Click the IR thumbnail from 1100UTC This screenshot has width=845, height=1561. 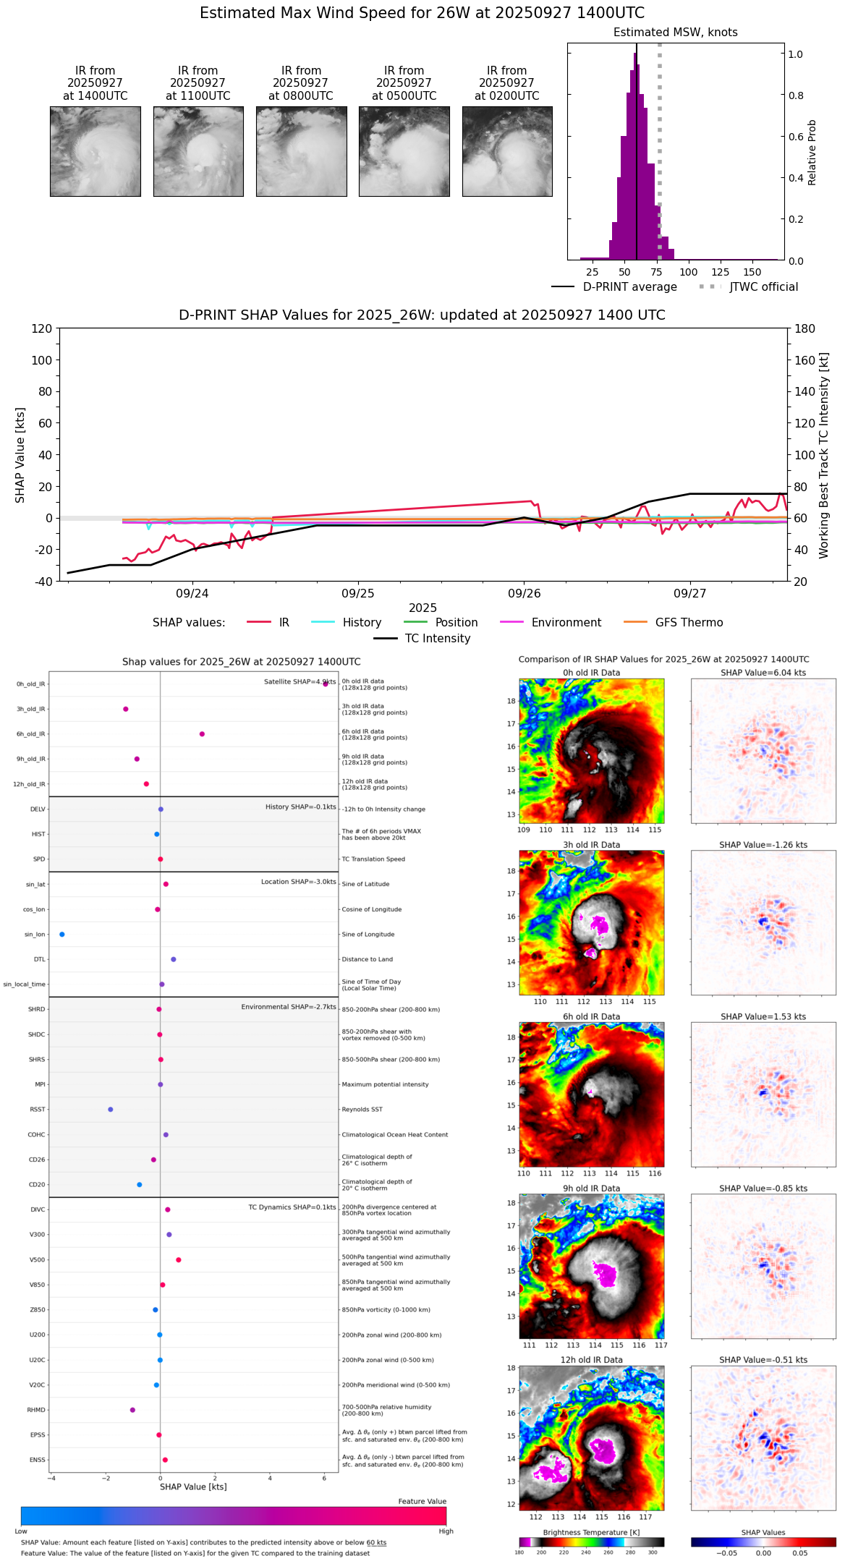pyautogui.click(x=198, y=151)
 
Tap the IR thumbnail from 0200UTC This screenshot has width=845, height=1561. pyautogui.click(x=507, y=151)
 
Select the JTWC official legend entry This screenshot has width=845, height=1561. pyautogui.click(x=763, y=287)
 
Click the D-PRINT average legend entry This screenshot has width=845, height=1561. pyautogui.click(x=629, y=287)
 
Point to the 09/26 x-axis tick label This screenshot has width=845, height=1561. pyautogui.click(x=524, y=594)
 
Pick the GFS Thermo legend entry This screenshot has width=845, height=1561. pyautogui.click(x=689, y=623)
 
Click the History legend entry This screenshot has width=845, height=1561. pyautogui.click(x=362, y=623)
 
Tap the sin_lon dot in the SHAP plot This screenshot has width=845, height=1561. pyautogui.click(x=62, y=935)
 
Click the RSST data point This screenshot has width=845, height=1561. pyautogui.click(x=111, y=1110)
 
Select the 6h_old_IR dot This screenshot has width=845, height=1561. pyautogui.click(x=202, y=734)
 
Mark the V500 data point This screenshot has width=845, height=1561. pyautogui.click(x=179, y=1260)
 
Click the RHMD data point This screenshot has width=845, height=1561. pyautogui.click(x=132, y=1410)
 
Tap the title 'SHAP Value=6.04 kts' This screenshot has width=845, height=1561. pyautogui.click(x=763, y=673)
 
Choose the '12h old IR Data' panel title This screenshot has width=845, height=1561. pyautogui.click(x=591, y=1360)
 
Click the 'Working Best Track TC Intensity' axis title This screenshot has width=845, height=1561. pyautogui.click(x=824, y=456)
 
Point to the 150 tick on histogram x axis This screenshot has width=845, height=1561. pyautogui.click(x=752, y=273)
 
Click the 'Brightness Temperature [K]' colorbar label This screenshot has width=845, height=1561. pyautogui.click(x=591, y=1532)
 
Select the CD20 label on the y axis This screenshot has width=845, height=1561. pyautogui.click(x=37, y=1185)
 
